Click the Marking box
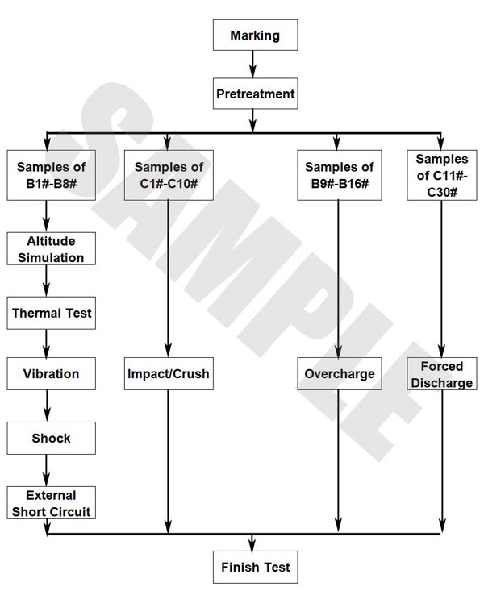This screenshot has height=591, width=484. (255, 35)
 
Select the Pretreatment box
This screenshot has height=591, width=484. (255, 94)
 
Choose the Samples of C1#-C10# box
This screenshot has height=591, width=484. (169, 175)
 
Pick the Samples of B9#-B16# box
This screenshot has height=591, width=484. (339, 175)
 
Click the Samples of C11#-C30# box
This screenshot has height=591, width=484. (440, 175)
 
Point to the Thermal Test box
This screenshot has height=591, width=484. (51, 313)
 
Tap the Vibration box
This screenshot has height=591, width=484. (51, 374)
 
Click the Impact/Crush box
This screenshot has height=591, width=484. (169, 374)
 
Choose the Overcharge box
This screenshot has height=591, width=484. (340, 374)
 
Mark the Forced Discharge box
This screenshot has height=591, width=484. (440, 374)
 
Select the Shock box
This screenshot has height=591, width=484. (51, 439)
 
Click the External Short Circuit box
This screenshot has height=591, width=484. (51, 503)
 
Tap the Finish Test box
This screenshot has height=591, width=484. (255, 567)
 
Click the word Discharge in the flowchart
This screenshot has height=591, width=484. (440, 383)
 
